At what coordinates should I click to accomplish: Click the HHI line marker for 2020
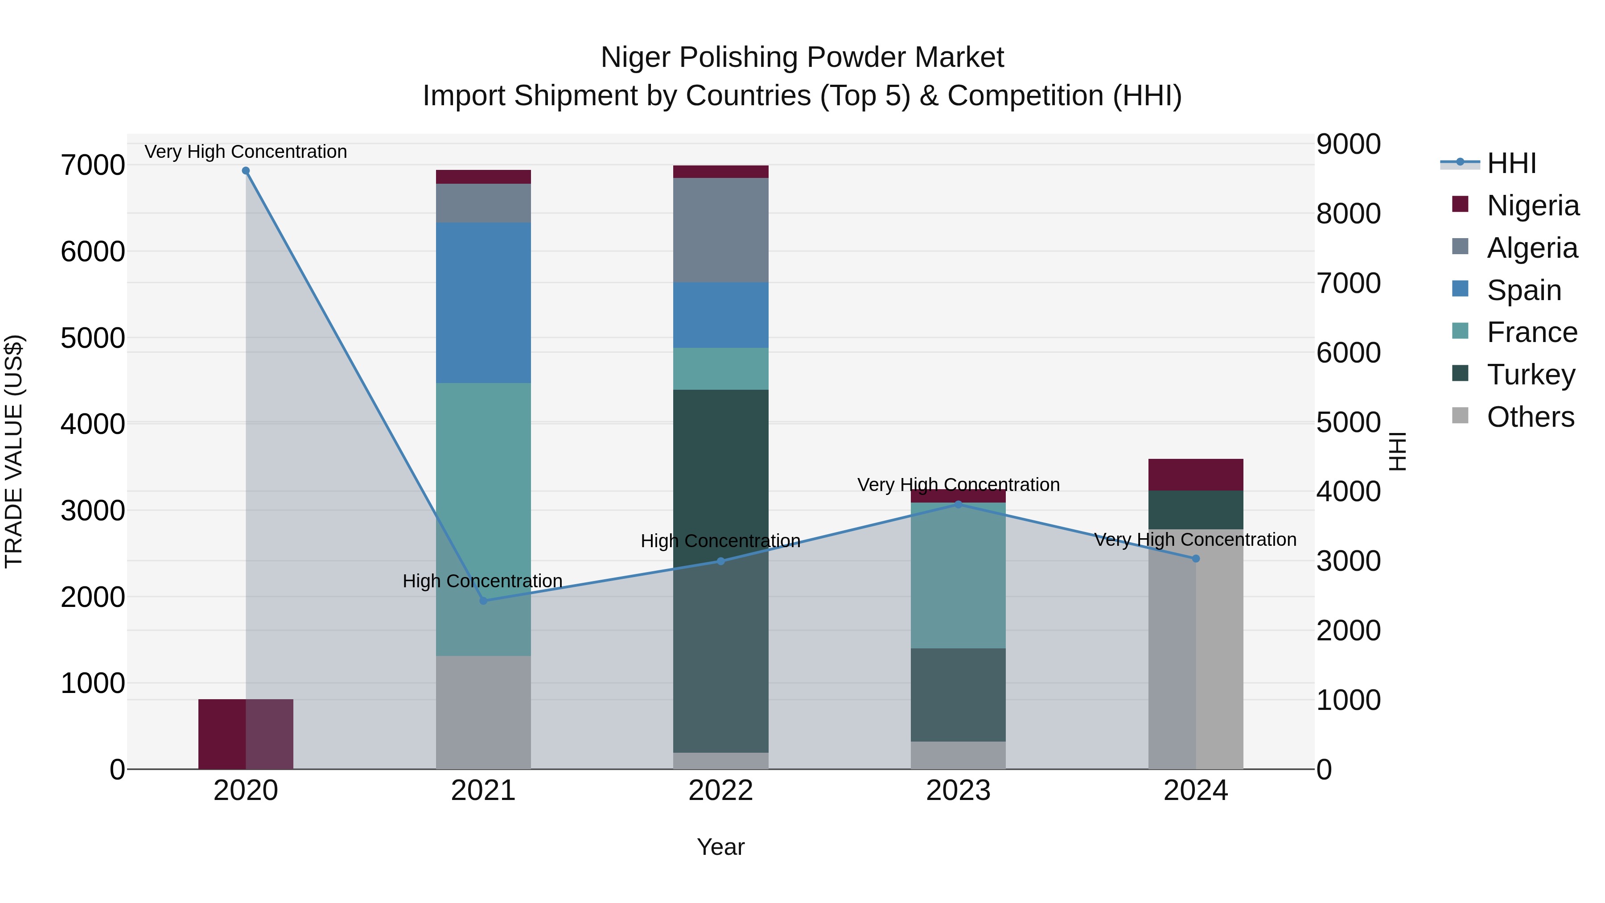click(246, 171)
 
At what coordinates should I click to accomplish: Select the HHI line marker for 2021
click(483, 601)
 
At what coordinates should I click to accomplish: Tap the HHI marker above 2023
click(958, 504)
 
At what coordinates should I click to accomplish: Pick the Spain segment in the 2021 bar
click(483, 303)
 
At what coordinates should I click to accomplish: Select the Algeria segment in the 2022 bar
click(721, 230)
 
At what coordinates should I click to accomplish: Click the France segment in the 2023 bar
click(958, 575)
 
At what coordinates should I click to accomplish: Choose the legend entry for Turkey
click(1530, 375)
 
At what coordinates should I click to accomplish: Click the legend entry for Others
click(1530, 417)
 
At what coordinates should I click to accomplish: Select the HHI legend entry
click(1511, 163)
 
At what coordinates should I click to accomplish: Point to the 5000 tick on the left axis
click(92, 338)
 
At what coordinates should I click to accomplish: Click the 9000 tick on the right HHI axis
click(1348, 144)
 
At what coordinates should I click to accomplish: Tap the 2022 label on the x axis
click(721, 791)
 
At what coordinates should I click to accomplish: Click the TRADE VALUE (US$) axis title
click(14, 451)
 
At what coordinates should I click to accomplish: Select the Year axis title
click(721, 847)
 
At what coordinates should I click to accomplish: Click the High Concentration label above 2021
click(482, 581)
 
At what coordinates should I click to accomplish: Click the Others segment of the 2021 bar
click(483, 712)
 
